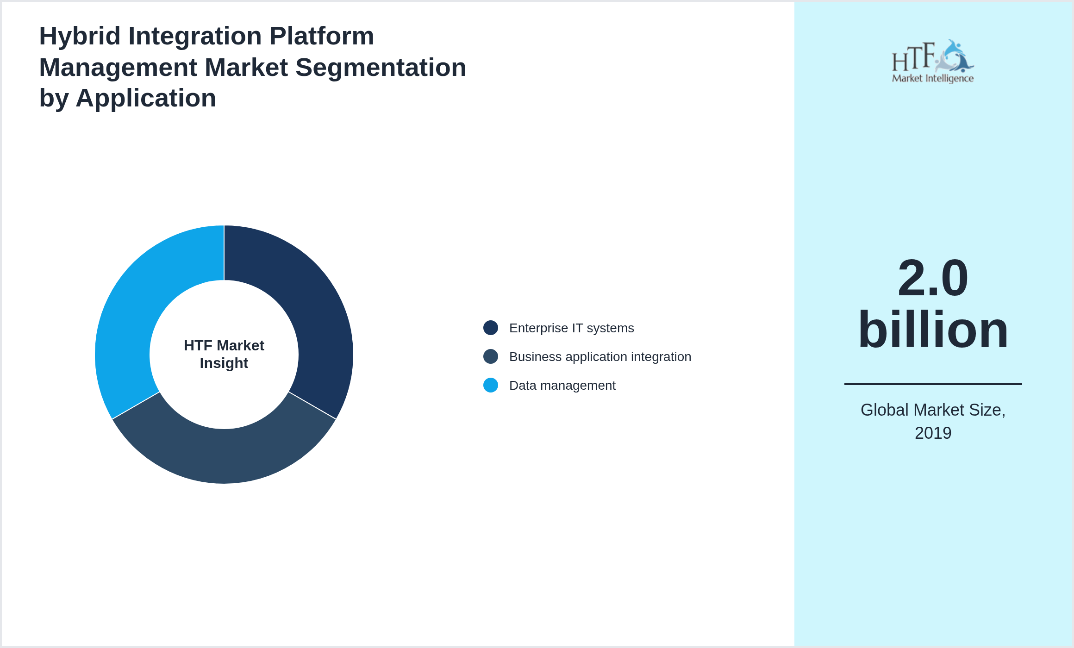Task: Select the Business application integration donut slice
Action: point(224,456)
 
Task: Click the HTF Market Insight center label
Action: point(224,354)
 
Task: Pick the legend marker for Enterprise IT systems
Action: point(490,328)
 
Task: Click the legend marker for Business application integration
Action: point(490,356)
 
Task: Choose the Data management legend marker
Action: point(490,385)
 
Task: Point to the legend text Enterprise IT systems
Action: point(571,328)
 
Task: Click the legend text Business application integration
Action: point(600,356)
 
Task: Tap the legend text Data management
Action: point(562,385)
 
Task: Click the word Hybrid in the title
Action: point(80,36)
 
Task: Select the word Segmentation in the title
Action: point(381,68)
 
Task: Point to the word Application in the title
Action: point(146,98)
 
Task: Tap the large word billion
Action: point(933,330)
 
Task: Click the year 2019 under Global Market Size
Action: point(933,433)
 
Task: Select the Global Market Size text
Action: point(933,410)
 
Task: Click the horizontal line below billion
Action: point(933,384)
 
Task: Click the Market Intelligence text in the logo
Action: point(932,78)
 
